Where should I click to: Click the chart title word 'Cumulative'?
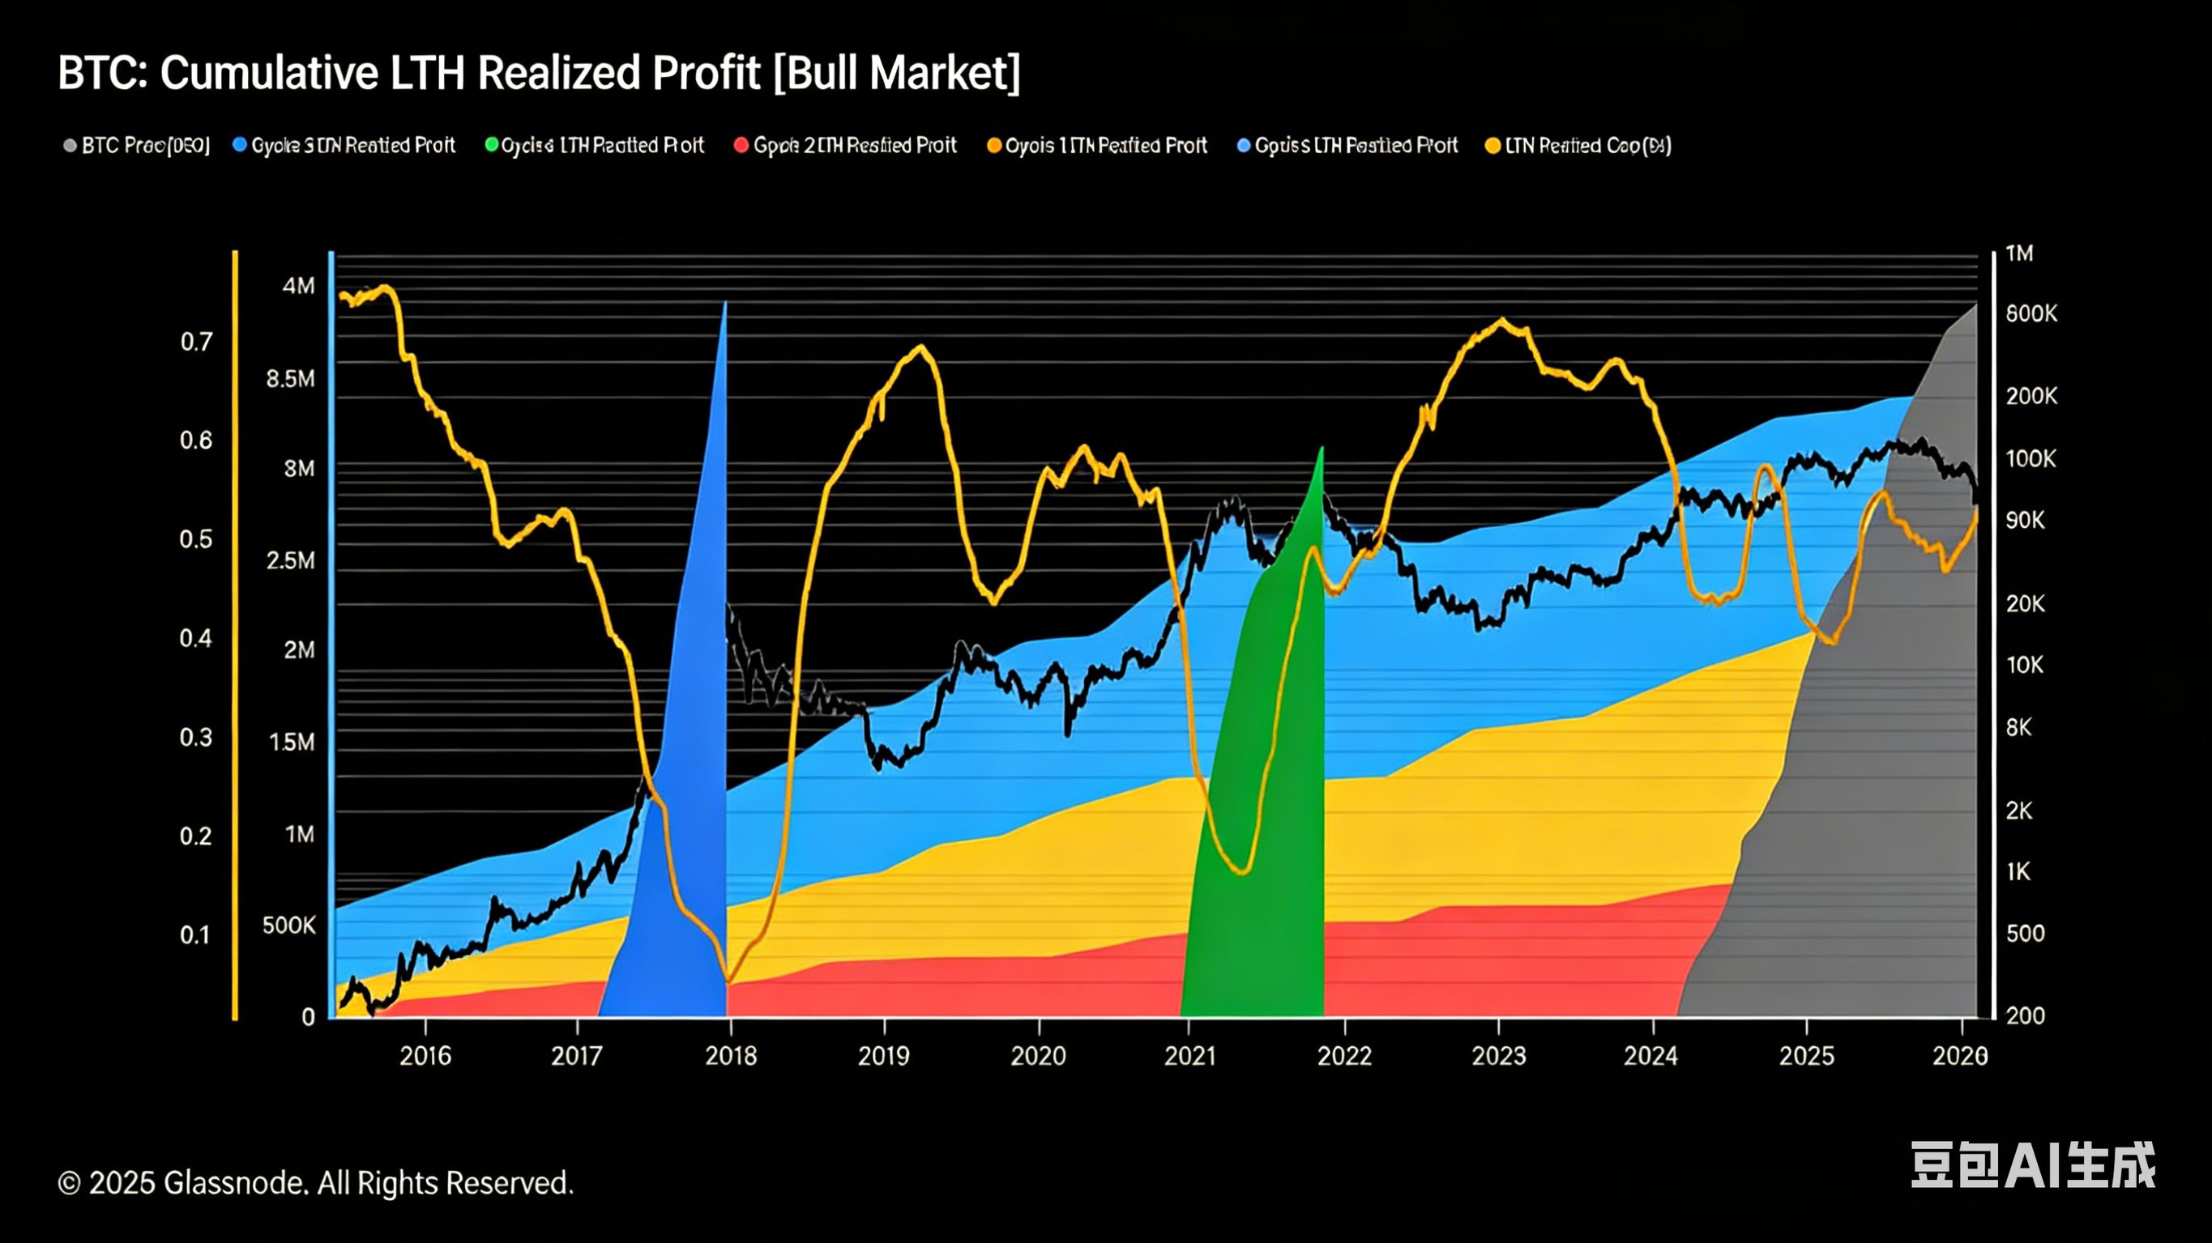[x=269, y=73]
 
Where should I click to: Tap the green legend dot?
[x=491, y=145]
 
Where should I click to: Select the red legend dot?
[x=741, y=145]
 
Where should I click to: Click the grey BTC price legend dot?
[x=70, y=146]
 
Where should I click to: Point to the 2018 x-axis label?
[x=731, y=1055]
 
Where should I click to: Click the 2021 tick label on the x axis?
[x=1190, y=1055]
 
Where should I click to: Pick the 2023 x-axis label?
[x=1498, y=1055]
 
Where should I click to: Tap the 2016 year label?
[x=425, y=1055]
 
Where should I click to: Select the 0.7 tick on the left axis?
[x=196, y=343]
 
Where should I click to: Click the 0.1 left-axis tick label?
[x=195, y=934]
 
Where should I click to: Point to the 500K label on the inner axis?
[x=289, y=926]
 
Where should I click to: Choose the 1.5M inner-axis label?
[x=292, y=742]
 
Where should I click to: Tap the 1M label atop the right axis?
[x=2020, y=253]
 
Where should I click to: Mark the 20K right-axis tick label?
[x=2026, y=603]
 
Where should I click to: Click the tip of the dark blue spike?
[x=726, y=304]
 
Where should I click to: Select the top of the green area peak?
[x=1322, y=449]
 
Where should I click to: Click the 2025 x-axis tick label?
[x=1806, y=1055]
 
